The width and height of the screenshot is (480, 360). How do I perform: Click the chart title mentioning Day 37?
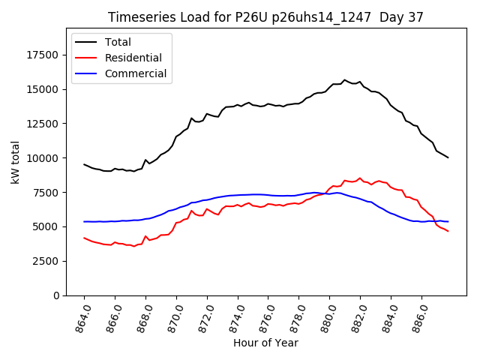(265, 17)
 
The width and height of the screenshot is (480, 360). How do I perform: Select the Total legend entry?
(118, 42)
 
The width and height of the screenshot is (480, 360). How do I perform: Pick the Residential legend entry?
(133, 58)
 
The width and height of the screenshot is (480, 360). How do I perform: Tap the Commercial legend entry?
(136, 73)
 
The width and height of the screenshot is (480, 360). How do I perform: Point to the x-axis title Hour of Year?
(265, 343)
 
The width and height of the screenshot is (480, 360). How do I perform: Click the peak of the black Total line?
(345, 79)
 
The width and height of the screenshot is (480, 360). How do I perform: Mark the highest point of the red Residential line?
(360, 178)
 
